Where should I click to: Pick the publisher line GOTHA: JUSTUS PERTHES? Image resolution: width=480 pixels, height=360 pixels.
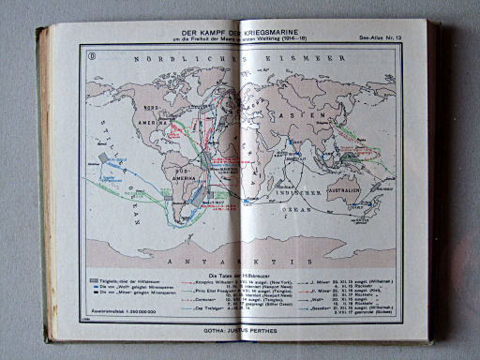(239, 330)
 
